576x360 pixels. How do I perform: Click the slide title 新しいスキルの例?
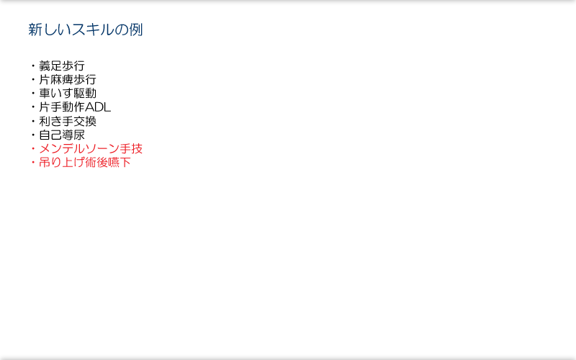85,30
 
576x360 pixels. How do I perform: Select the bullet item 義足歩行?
62,66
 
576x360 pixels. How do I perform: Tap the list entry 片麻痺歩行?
68,80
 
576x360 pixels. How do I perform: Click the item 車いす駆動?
68,94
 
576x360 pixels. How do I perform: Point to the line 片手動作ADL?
75,107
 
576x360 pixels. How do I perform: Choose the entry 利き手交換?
68,121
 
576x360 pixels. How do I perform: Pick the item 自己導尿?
62,135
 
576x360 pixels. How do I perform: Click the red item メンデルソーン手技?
91,149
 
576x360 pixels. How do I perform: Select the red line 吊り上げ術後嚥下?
85,163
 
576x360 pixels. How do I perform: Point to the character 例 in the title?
135,30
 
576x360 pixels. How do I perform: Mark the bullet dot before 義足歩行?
33,66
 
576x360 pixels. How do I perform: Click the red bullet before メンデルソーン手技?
33,149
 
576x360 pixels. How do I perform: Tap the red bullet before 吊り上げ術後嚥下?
33,163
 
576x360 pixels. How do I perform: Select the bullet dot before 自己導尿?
33,135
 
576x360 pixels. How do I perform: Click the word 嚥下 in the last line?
120,163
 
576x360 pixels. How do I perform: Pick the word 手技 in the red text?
131,149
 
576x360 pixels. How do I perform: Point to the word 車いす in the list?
56,94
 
